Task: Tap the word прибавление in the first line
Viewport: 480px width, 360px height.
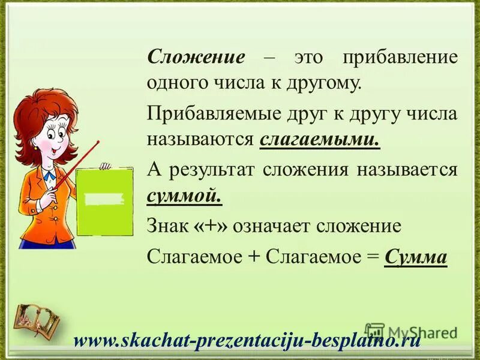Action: [400, 58]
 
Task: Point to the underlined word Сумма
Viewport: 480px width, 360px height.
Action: [416, 256]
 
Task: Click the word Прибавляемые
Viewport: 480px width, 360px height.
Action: [215, 113]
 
